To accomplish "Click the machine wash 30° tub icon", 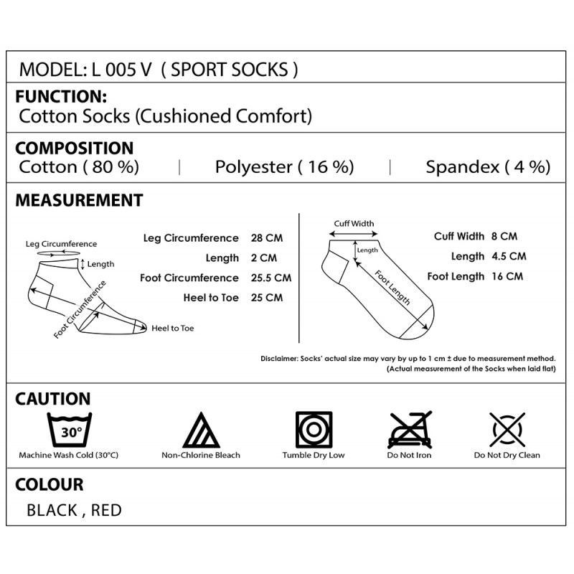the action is [x=70, y=429].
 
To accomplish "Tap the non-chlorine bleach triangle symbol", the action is [x=201, y=430].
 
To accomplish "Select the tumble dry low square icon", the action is [x=314, y=429].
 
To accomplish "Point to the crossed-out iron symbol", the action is [x=410, y=429].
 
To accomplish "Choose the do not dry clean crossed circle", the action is [x=507, y=429].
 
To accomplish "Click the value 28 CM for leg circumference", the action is [x=267, y=238].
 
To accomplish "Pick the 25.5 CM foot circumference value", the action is [x=271, y=278].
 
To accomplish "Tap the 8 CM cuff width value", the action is [x=504, y=236].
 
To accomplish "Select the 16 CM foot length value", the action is [x=507, y=276].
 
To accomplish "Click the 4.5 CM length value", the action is [x=509, y=256].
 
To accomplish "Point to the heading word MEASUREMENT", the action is [x=79, y=200].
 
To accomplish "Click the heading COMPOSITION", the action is [x=75, y=149].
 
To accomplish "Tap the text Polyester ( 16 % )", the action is [x=284, y=167].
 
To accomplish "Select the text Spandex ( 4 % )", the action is [x=488, y=167].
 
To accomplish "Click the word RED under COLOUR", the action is [x=106, y=510].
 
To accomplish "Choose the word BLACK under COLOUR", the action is [x=52, y=510].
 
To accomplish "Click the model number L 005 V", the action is [x=121, y=70].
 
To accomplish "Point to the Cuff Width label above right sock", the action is [x=354, y=224].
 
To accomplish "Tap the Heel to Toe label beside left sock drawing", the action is [x=172, y=329].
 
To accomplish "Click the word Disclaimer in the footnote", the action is [x=279, y=359].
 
